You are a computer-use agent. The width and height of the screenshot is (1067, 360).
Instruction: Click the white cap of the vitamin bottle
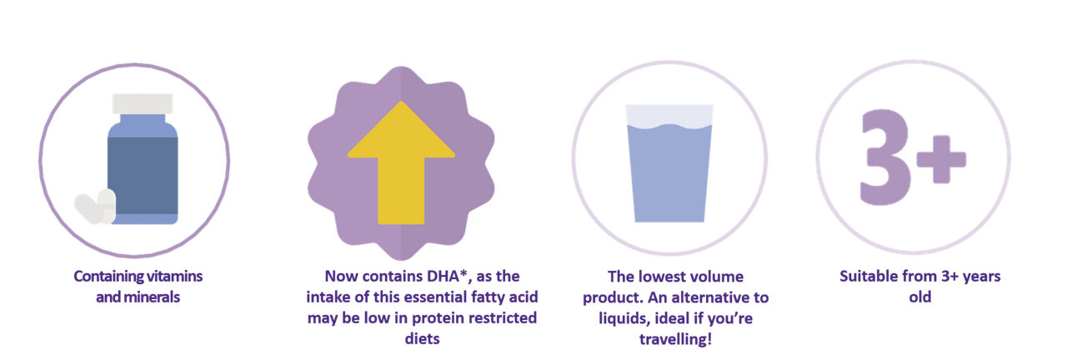(143, 104)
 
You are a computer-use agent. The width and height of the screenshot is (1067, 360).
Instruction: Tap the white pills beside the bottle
(95, 206)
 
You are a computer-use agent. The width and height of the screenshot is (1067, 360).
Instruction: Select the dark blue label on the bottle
(143, 176)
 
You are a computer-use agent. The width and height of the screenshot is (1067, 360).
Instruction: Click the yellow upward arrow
(401, 162)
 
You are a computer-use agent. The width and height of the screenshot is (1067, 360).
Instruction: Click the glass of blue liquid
(669, 163)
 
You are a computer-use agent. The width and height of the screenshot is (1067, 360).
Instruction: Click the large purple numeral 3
(885, 157)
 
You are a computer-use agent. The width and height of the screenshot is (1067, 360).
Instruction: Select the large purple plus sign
(941, 159)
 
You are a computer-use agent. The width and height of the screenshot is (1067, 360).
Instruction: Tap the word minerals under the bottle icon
(152, 297)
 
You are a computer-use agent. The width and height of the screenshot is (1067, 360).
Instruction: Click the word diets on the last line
(422, 338)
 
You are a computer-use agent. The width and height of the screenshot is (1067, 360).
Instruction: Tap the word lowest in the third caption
(659, 277)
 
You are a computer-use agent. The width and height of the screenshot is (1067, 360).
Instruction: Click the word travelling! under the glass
(675, 339)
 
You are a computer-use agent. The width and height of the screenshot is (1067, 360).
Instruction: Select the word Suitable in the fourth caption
(864, 276)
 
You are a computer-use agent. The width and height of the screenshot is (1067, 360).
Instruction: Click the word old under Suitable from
(919, 297)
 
